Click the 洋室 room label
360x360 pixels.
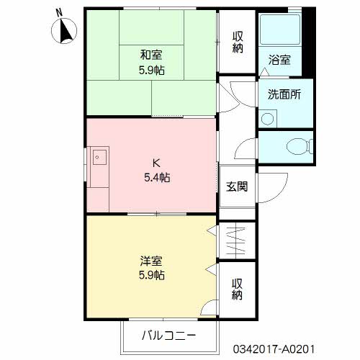(152, 259)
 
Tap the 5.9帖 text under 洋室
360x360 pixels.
(152, 275)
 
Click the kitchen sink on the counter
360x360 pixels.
(99, 156)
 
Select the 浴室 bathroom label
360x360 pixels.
(280, 60)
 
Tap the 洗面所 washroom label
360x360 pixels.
(284, 94)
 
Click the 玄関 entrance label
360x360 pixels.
(237, 186)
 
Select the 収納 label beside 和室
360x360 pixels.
(238, 42)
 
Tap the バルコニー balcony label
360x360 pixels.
(169, 335)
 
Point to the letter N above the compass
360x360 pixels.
(59, 12)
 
